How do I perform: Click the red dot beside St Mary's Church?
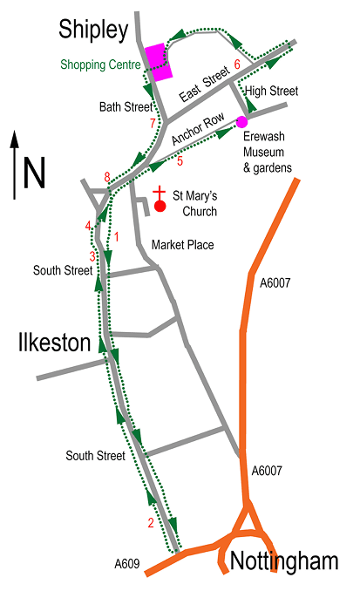coord(160,207)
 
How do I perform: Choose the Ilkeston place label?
coord(55,343)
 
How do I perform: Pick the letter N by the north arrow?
coord(35,172)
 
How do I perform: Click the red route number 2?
coord(151,523)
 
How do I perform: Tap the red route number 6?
coord(236,65)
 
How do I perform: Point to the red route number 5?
coord(180,160)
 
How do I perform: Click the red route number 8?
coord(106,178)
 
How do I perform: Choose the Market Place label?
coord(182,245)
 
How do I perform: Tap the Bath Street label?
coord(125,107)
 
